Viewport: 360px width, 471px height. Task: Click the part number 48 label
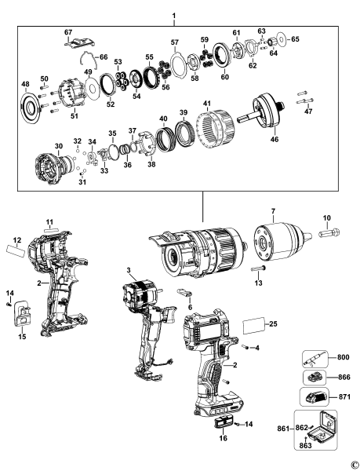[x=25, y=84]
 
